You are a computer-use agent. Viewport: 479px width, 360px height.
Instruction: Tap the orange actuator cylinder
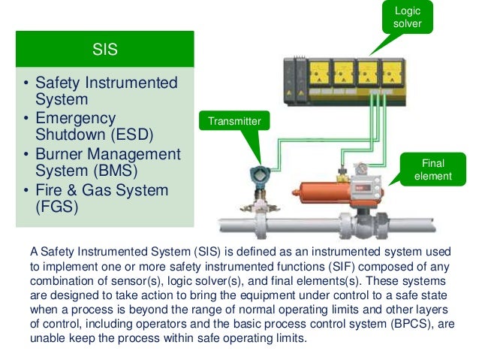[307, 197]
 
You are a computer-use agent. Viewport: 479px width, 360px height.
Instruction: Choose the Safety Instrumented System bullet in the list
[106, 91]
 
